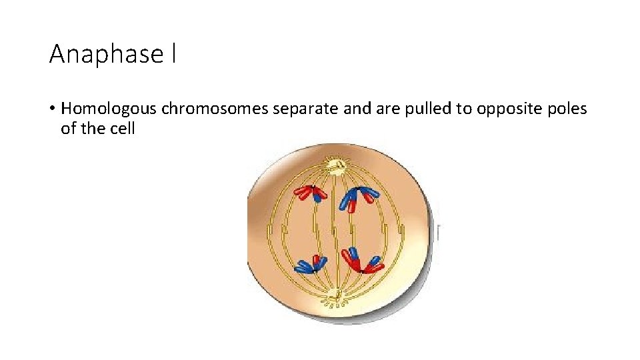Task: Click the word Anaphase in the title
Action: [x=105, y=54]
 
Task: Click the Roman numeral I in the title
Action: [x=173, y=54]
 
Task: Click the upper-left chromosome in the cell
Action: [x=311, y=193]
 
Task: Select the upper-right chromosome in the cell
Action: [x=359, y=197]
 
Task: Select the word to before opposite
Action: [x=463, y=109]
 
